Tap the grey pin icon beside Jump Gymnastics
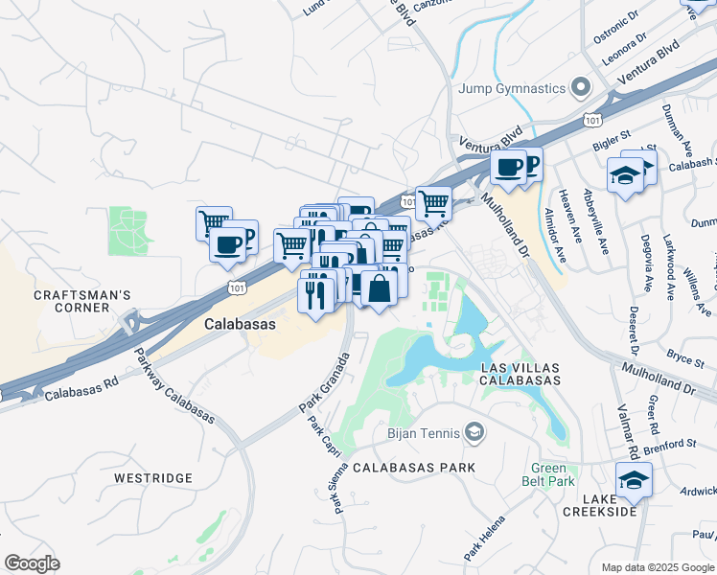pos(580,89)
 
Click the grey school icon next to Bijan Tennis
pos(474,434)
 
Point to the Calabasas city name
pos(240,325)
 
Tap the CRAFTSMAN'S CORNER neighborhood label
pos(72,300)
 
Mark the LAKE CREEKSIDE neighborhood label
pos(608,505)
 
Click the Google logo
pos(32,563)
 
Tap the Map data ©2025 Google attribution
pos(653,567)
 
